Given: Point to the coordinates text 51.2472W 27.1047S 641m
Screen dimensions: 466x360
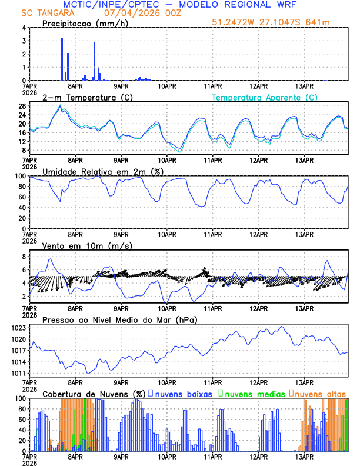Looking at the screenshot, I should point(270,22).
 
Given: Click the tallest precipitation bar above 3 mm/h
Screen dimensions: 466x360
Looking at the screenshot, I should point(62,59).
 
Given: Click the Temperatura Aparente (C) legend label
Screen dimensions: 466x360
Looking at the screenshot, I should point(265,97).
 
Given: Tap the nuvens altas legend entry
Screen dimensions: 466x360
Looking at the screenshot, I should point(320,393).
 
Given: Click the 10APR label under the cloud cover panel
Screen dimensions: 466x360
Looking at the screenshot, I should point(167,456).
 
